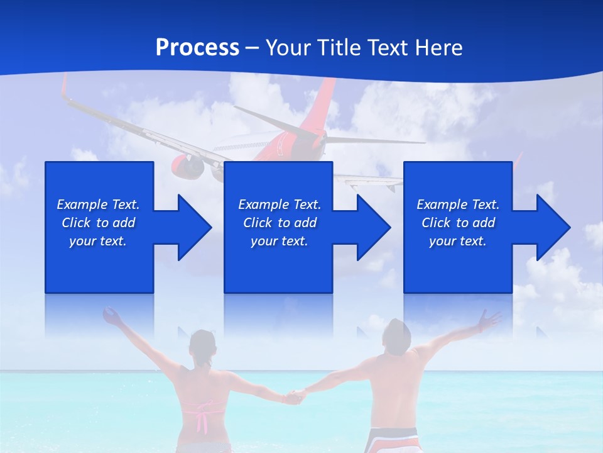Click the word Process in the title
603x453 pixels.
(x=197, y=48)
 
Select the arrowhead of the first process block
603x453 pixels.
(x=192, y=227)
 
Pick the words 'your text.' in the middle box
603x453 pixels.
(x=279, y=241)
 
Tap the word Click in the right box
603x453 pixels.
(x=436, y=223)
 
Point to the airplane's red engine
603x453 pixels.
(x=187, y=167)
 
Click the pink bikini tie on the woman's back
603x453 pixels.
(x=202, y=416)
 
